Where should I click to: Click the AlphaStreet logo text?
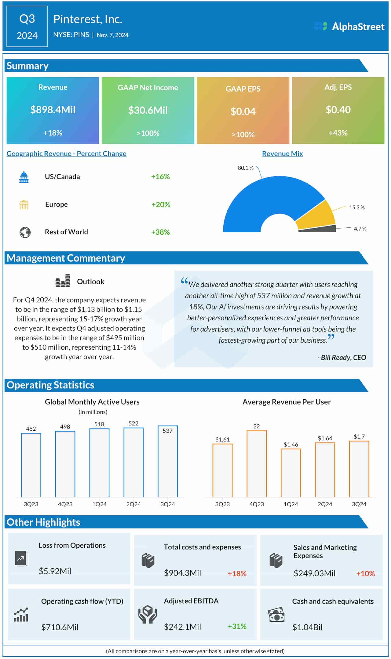pyautogui.click(x=358, y=27)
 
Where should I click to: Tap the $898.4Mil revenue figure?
pyautogui.click(x=53, y=110)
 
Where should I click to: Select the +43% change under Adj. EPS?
pyautogui.click(x=338, y=133)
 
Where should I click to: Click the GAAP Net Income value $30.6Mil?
pyautogui.click(x=148, y=110)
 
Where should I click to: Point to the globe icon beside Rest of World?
pyautogui.click(x=25, y=232)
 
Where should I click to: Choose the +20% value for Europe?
pyautogui.click(x=161, y=204)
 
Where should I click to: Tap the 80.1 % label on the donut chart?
pyautogui.click(x=246, y=168)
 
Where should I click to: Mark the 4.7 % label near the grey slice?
pyautogui.click(x=360, y=229)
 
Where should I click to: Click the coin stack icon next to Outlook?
pyautogui.click(x=63, y=281)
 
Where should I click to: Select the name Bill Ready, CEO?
pyautogui.click(x=343, y=357)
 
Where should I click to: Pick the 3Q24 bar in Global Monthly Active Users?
pyautogui.click(x=168, y=462)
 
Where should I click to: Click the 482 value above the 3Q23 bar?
pyautogui.click(x=31, y=429)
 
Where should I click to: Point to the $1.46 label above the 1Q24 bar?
pyautogui.click(x=291, y=444)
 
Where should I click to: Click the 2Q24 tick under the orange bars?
pyautogui.click(x=325, y=504)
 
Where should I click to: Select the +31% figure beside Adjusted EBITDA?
pyautogui.click(x=237, y=626)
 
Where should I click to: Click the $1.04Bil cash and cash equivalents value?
pyautogui.click(x=307, y=627)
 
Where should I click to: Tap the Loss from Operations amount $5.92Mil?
pyautogui.click(x=55, y=571)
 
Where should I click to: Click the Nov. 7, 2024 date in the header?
pyautogui.click(x=112, y=35)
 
